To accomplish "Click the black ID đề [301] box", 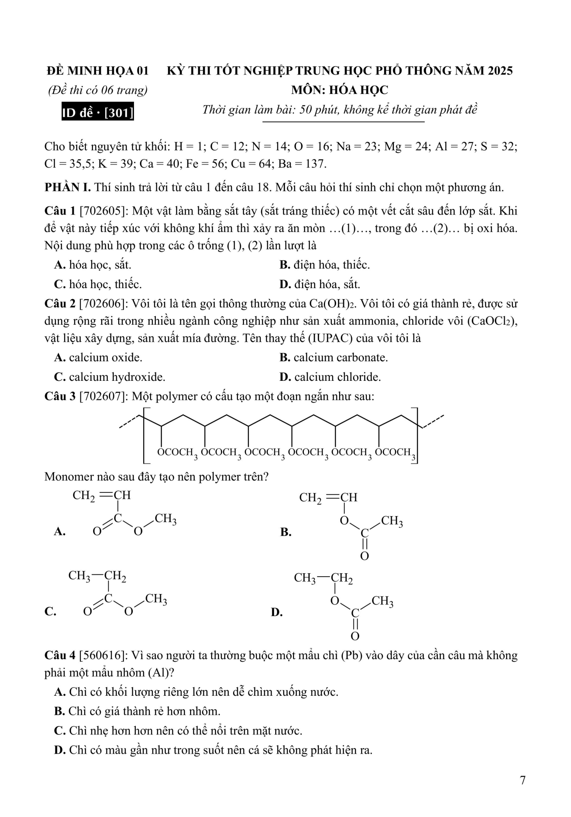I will coord(97,112).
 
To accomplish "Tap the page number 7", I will coord(523,780).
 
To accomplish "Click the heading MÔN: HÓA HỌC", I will coord(340,90).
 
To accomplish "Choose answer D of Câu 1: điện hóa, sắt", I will coord(320,284).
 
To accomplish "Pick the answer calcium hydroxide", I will coord(110,377).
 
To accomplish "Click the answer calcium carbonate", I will coord(334,357).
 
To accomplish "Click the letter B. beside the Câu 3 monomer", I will coord(285,532).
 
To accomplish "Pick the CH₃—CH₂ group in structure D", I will coord(323,578).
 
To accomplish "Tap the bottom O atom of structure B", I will coord(364,556).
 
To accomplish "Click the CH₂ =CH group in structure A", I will coord(102,496).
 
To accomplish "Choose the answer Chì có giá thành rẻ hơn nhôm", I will coord(137,711).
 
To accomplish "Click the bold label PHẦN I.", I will coord(67,187).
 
